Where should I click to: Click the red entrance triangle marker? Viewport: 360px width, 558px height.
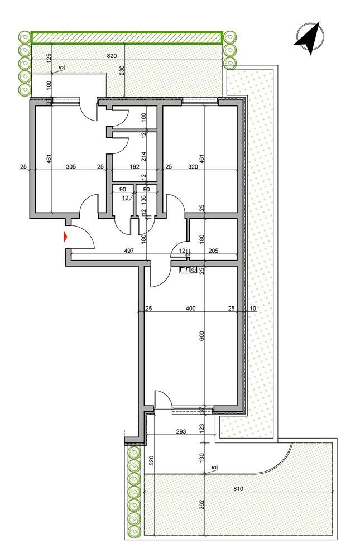point(66,236)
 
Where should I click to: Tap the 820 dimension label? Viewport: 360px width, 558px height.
point(112,56)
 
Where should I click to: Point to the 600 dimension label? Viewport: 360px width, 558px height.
point(203,336)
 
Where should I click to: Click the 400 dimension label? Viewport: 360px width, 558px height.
point(191,309)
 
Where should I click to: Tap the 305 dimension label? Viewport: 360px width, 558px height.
point(71,166)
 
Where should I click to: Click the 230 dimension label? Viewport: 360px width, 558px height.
point(122,71)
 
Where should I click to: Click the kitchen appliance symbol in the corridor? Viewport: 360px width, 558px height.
point(188,270)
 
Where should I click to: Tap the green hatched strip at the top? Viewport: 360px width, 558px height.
point(126,37)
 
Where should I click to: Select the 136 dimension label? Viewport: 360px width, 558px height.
point(143,198)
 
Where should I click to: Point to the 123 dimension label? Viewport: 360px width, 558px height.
point(203,428)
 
